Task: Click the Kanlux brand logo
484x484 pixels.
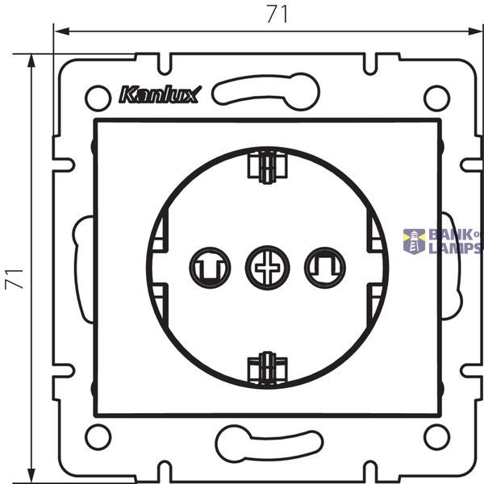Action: tap(161, 94)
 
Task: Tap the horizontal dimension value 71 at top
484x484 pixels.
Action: tap(277, 15)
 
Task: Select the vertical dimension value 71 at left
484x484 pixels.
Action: tap(15, 279)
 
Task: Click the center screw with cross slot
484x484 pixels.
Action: tap(267, 268)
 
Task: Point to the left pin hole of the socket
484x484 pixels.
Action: tap(210, 268)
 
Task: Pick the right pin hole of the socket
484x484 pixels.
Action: tap(325, 268)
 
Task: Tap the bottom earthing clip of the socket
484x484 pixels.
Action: tap(268, 369)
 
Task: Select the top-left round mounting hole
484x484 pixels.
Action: tap(98, 98)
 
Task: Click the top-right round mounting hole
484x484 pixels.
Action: tap(436, 98)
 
